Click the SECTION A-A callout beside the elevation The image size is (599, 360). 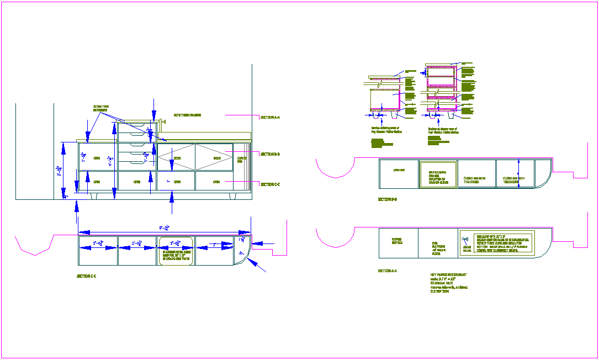[270, 117]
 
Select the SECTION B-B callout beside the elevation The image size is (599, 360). [270, 154]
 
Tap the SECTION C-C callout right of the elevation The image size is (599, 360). [270, 184]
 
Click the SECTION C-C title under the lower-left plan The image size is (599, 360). [87, 276]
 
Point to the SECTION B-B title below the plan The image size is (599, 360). [388, 199]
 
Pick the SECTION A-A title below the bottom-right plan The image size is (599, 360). [388, 271]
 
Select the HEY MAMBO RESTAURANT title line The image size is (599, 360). [448, 274]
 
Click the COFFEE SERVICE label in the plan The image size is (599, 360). [397, 241]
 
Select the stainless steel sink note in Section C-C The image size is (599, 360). [175, 254]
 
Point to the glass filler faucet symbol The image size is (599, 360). [465, 238]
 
